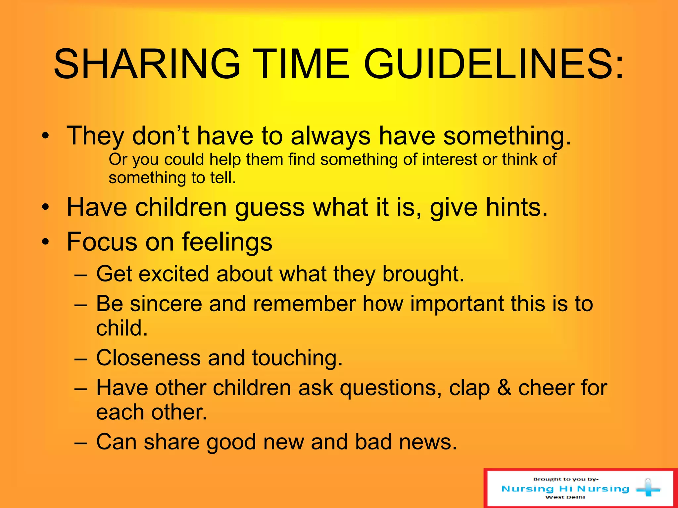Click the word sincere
click(x=166, y=304)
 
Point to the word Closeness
click(x=148, y=358)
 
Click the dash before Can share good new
click(x=81, y=442)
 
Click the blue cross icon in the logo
click(x=648, y=488)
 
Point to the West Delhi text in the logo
click(x=565, y=497)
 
